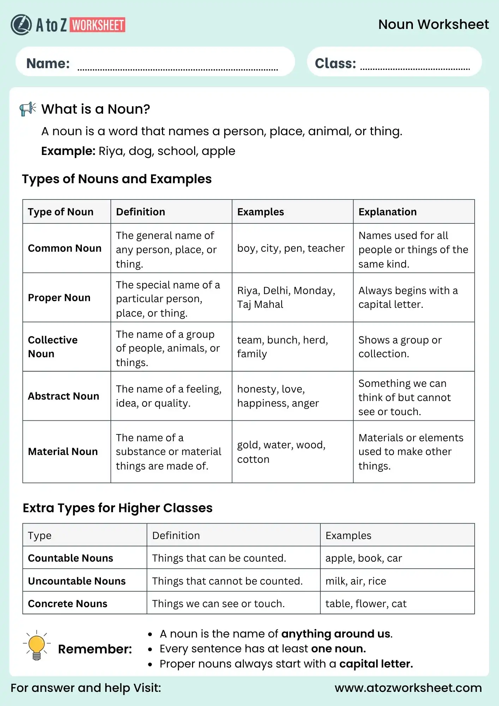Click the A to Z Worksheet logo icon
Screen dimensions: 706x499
[x=21, y=25]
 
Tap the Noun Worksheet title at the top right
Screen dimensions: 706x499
[x=433, y=24]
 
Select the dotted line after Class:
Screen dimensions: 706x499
[x=415, y=68]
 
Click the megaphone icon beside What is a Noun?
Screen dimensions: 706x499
[x=28, y=109]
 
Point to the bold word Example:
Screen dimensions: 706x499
[x=68, y=151]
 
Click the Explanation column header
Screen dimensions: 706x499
[x=387, y=212]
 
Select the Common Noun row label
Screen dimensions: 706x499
[x=65, y=248]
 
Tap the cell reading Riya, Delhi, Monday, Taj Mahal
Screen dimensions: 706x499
[x=286, y=297]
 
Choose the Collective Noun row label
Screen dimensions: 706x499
[x=53, y=347]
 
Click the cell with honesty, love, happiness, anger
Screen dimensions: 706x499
[x=278, y=396]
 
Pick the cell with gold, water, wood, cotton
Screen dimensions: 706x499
[x=281, y=452]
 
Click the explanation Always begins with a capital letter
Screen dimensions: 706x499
[x=408, y=297]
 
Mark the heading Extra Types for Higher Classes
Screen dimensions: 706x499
[x=118, y=508]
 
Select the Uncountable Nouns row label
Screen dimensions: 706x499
[x=77, y=581]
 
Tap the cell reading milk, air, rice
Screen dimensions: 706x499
[x=356, y=581]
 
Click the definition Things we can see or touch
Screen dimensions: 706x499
[x=218, y=604]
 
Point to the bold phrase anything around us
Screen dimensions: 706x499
[x=336, y=634]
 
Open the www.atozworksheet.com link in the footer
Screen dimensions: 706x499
[x=408, y=688]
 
